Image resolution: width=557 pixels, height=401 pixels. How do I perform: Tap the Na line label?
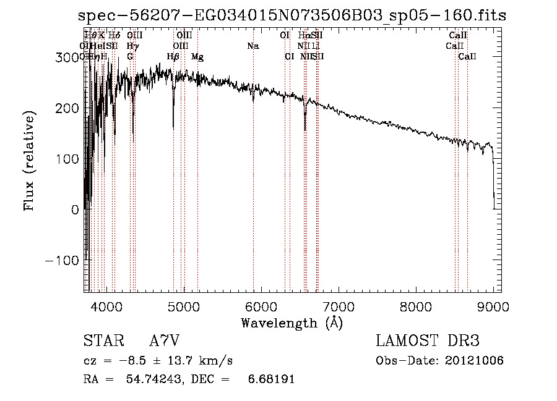pyautogui.click(x=253, y=46)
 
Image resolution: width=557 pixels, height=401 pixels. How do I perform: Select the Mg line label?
pyautogui.click(x=197, y=57)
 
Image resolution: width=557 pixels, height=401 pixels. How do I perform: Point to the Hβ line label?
pyautogui.click(x=173, y=57)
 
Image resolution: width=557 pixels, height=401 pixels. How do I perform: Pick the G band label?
pyautogui.click(x=130, y=57)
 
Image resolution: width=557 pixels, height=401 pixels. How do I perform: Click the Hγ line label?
pyautogui.click(x=132, y=46)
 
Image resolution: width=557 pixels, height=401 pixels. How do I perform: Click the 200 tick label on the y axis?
pyautogui.click(x=69, y=108)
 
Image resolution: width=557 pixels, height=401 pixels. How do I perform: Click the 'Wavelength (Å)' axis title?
pyautogui.click(x=291, y=323)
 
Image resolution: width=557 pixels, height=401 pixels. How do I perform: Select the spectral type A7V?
pyautogui.click(x=164, y=342)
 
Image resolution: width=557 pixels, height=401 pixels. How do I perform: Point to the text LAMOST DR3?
pyautogui.click(x=428, y=342)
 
